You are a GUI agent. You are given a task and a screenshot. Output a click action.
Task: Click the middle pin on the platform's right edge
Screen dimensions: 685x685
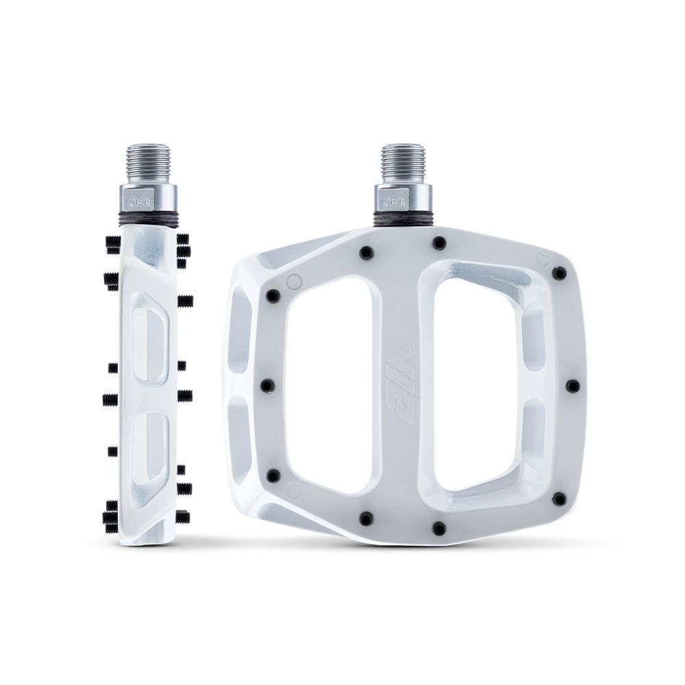click(x=572, y=386)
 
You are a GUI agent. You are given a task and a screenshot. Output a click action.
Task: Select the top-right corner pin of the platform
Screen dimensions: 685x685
click(x=560, y=273)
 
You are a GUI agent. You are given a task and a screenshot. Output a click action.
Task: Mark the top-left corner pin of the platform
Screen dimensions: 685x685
click(x=273, y=296)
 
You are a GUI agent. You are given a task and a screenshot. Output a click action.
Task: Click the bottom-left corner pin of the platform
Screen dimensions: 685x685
click(x=273, y=475)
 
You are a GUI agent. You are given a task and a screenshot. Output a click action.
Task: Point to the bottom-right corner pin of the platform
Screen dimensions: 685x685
click(x=560, y=499)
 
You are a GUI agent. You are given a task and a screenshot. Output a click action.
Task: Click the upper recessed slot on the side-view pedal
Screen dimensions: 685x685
click(x=149, y=335)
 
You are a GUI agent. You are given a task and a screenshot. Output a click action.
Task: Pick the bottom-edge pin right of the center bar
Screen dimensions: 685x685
click(x=439, y=528)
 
